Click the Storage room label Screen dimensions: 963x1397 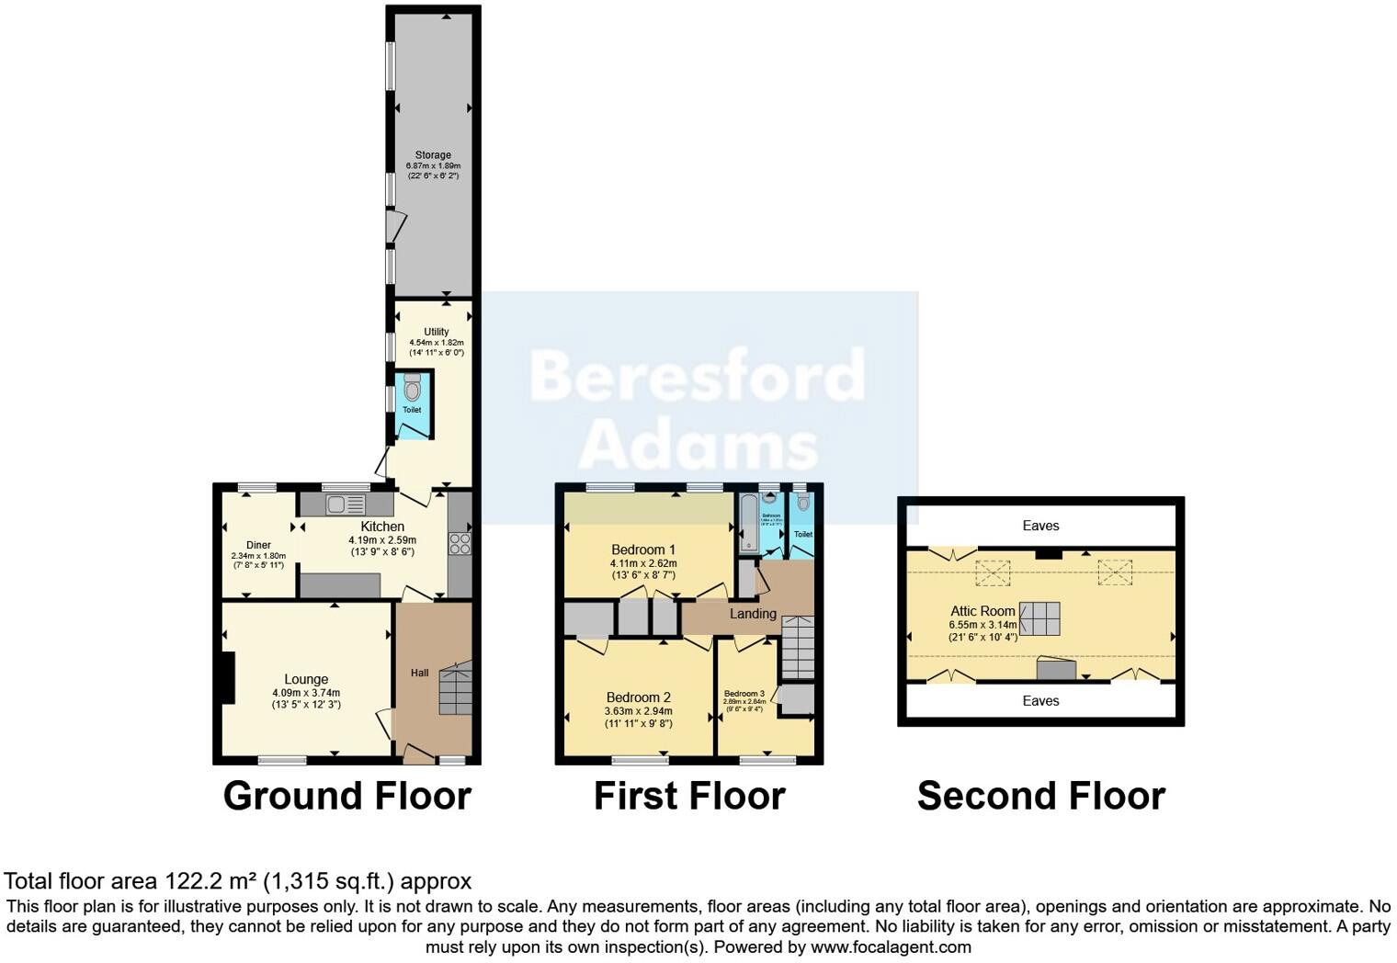coord(433,155)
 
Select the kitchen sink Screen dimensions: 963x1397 coord(346,504)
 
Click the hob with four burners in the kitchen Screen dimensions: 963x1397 coord(460,543)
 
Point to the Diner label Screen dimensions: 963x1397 coord(258,545)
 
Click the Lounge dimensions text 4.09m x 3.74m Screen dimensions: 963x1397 coord(306,693)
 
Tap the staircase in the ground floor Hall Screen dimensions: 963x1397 coord(456,688)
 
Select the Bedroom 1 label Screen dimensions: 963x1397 coord(643,549)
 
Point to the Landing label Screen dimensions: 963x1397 coord(753,613)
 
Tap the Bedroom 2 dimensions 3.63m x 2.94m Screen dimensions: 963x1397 coord(638,710)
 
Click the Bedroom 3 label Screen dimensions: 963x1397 coord(744,694)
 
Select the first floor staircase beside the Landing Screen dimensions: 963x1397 coord(798,647)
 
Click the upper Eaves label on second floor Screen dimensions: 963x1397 coord(1040,526)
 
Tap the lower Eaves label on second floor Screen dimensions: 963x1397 coord(1040,700)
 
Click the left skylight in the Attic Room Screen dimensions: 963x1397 coord(993,573)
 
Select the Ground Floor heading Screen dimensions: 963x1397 coord(347,796)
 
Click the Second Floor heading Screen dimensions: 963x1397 coord(1041,796)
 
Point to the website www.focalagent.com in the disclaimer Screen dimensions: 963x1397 coord(891,946)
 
